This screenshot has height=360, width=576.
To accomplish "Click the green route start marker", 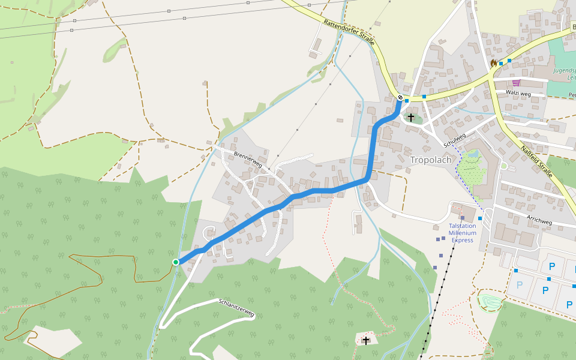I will (x=176, y=262).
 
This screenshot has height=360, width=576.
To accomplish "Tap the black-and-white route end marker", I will (x=400, y=97).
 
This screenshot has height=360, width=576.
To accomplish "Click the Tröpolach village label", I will (x=430, y=160).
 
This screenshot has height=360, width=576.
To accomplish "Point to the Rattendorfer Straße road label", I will (x=349, y=32).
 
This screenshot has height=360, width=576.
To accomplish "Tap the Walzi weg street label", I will (x=519, y=94).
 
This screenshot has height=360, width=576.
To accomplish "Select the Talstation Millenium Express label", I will (x=463, y=233).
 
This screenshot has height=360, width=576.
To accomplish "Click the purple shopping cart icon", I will (x=516, y=83).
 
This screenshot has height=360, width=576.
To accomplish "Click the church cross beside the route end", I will (x=411, y=117).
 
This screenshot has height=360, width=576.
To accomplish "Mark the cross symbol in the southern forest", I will (x=366, y=340).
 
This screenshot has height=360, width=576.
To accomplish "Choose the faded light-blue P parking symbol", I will (x=520, y=284).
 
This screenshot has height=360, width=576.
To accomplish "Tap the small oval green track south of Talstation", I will (x=489, y=301).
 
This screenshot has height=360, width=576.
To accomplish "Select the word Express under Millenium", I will (x=463, y=240).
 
